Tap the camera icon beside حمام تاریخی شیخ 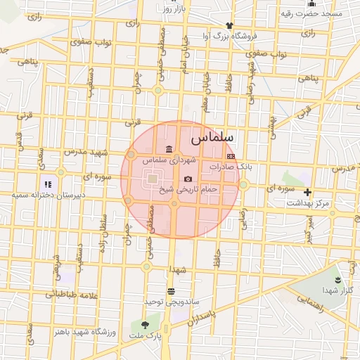[x=187, y=179]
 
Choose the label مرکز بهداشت [x=307, y=202]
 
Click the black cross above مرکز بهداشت [x=307, y=192]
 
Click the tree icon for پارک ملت [x=145, y=326]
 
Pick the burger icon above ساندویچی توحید [x=171, y=290]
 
